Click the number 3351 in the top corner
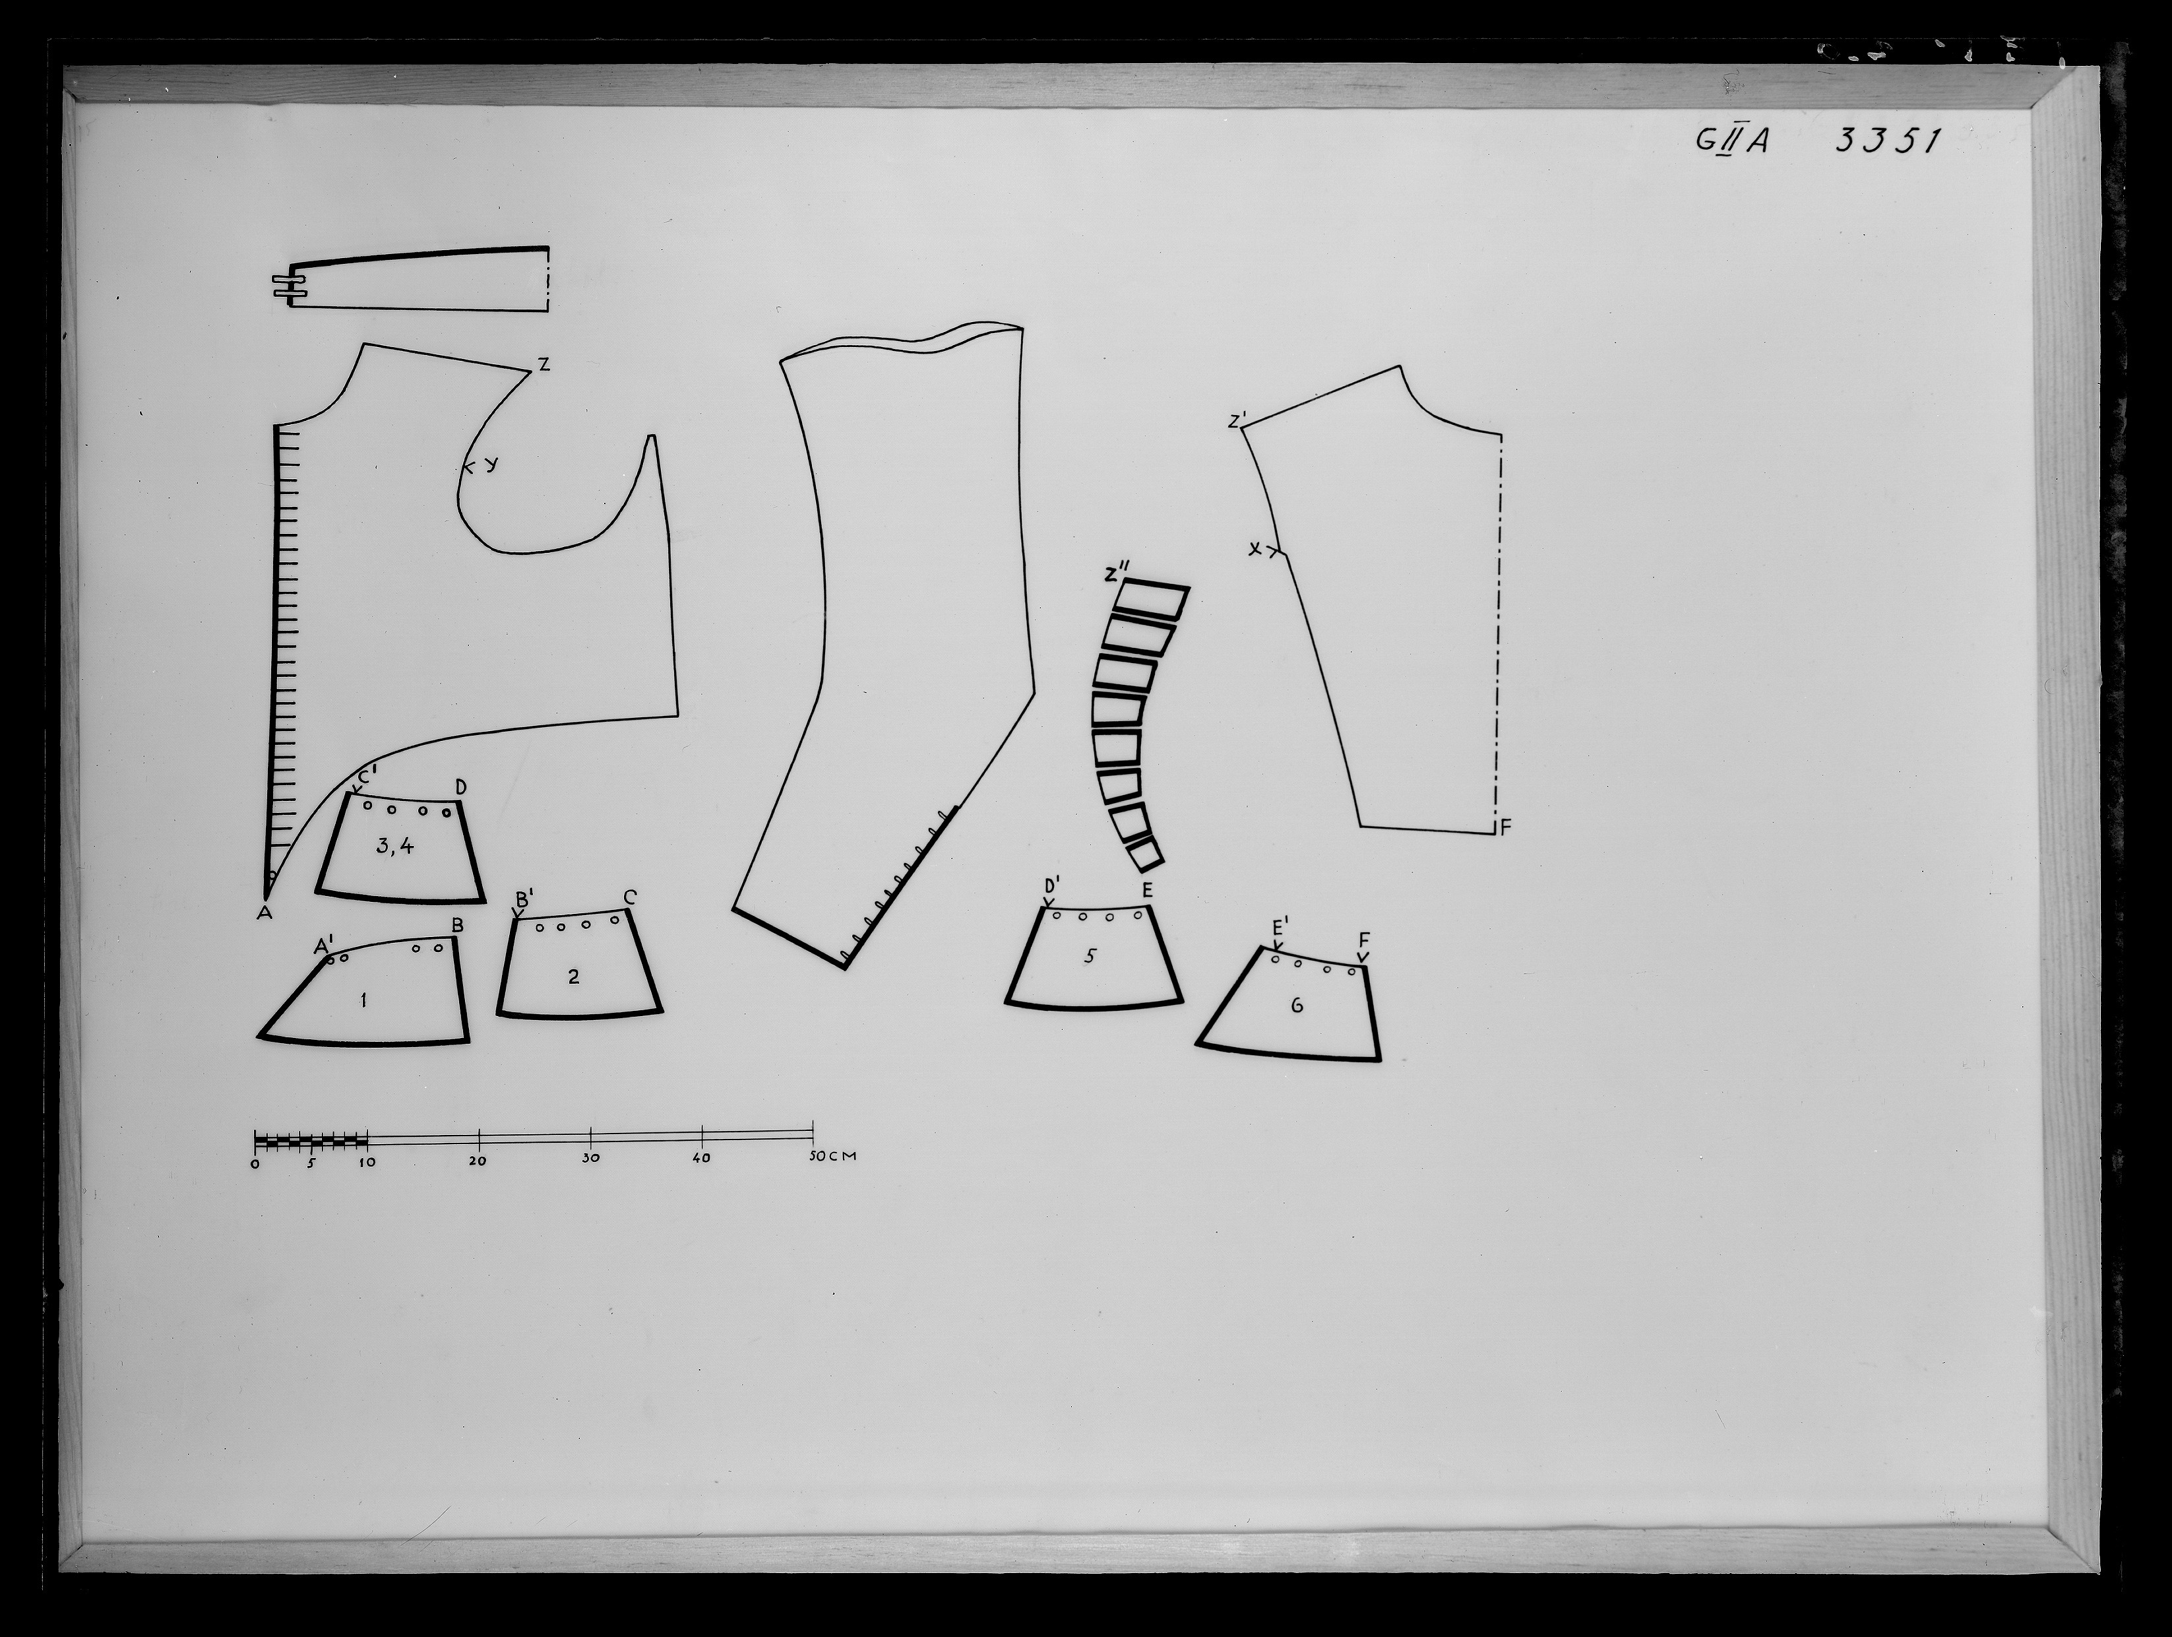click(x=1887, y=141)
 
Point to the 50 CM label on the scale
click(x=832, y=1156)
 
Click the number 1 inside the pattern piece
click(x=363, y=1001)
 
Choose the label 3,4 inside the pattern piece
click(x=394, y=845)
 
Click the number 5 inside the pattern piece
click(x=1089, y=955)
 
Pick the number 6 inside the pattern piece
click(x=1297, y=1006)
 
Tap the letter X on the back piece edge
click(x=1255, y=550)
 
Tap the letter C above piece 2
click(x=629, y=897)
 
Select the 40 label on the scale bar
click(x=702, y=1159)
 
